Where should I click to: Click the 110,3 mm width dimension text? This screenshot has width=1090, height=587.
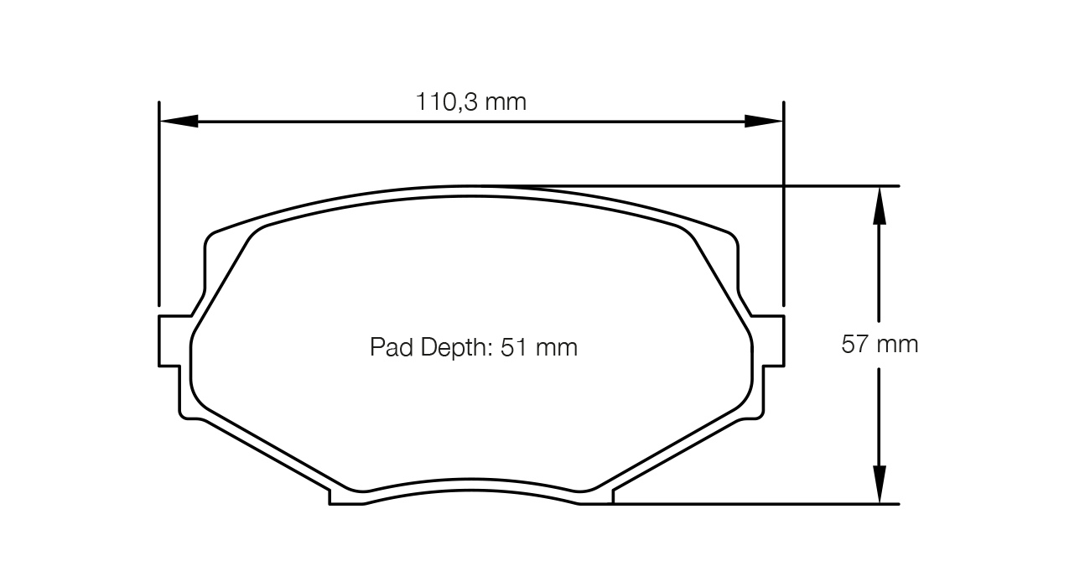471,102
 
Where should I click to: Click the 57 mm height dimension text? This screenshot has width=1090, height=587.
880,344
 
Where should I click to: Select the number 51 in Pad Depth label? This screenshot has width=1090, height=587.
512,347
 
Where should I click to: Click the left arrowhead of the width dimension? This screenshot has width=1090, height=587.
179,121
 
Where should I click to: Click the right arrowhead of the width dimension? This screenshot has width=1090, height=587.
764,121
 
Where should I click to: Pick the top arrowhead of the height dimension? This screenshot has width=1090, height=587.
879,205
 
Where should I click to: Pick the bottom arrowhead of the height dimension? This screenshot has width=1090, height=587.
879,485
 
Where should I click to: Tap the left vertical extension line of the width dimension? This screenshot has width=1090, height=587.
158,210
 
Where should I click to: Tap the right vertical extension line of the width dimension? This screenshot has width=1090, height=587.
784,210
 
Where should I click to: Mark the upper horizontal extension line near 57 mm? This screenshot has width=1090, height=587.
838,185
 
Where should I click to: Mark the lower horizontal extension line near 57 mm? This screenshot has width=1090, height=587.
755,504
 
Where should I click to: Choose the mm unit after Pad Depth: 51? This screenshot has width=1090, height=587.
557,347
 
